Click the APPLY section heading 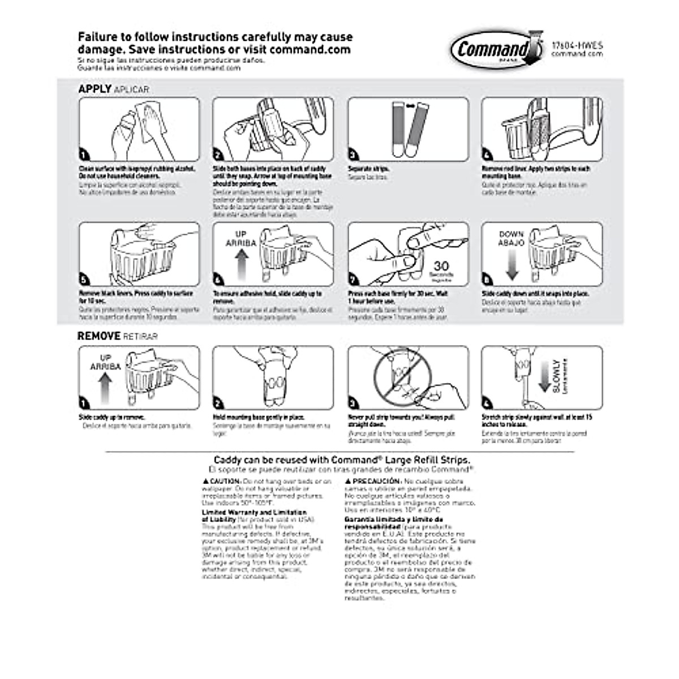click(94, 89)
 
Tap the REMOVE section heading click(99, 336)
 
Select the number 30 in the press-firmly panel click(441, 267)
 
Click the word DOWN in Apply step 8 click(511, 234)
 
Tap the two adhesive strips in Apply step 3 click(409, 130)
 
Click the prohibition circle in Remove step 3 click(402, 376)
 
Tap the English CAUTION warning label click(221, 481)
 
